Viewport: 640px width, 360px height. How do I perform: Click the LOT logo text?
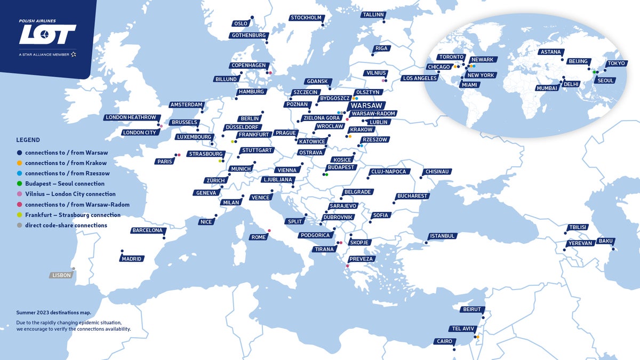click(47, 35)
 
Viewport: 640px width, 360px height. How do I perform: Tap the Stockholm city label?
click(306, 18)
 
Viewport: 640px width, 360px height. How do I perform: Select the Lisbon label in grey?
click(61, 276)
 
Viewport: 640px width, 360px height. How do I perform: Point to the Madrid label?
click(132, 259)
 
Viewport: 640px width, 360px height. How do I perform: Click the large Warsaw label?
click(367, 106)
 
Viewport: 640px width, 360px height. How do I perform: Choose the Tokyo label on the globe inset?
click(616, 63)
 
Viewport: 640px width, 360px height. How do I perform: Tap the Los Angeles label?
click(419, 78)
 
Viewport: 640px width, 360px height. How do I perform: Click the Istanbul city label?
click(443, 236)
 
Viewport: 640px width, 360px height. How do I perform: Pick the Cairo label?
click(444, 341)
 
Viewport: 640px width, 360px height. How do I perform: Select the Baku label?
click(605, 241)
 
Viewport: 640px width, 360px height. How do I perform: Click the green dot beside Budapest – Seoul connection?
click(20, 184)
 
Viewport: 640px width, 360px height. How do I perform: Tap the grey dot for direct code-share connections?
click(20, 226)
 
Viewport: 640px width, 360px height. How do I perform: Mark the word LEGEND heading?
click(28, 140)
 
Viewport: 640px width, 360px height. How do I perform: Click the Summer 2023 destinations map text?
click(53, 313)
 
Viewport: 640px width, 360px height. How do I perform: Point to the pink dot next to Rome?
click(269, 231)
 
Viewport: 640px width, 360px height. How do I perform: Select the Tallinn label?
click(373, 15)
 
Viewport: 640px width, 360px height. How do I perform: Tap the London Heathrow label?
click(131, 117)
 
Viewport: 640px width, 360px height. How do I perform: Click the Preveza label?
click(362, 259)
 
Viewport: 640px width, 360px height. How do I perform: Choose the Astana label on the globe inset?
click(550, 52)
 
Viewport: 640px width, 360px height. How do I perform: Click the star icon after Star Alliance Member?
click(73, 54)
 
